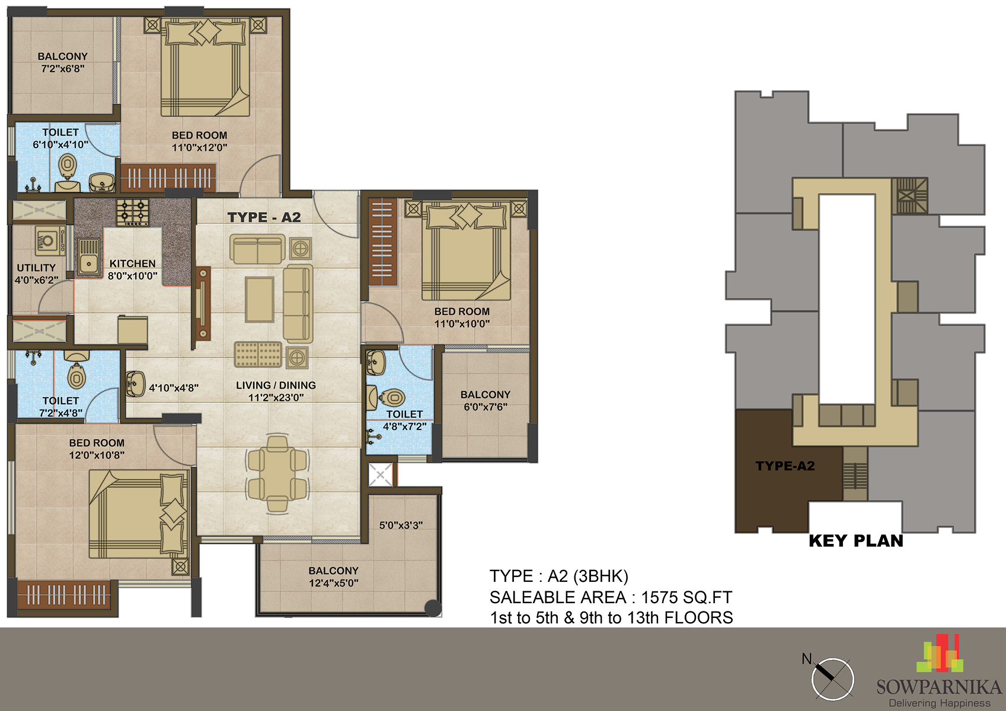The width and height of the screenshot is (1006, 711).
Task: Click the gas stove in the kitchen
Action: click(133, 212)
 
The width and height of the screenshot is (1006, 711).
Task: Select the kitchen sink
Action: click(89, 257)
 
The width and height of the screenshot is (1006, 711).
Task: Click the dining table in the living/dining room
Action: click(277, 473)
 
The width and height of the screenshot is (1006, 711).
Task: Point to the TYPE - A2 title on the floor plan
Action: click(264, 217)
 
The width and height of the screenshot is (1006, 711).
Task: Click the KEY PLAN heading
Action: click(856, 541)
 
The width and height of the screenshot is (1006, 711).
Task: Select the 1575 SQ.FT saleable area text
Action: click(686, 597)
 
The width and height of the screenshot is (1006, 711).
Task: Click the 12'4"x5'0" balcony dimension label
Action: click(334, 583)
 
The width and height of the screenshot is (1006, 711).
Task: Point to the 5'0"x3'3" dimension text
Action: click(401, 525)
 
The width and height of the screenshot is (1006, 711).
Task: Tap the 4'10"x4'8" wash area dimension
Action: click(174, 388)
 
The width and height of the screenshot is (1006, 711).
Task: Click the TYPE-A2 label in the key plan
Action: click(785, 466)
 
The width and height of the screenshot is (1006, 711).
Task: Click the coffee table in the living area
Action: click(260, 299)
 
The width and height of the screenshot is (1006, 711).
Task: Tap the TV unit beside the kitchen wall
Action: click(203, 303)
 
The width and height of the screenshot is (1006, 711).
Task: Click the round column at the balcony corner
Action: click(433, 608)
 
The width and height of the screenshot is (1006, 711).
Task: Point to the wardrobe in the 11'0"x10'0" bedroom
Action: click(382, 242)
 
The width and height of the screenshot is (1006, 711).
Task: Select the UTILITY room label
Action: click(36, 268)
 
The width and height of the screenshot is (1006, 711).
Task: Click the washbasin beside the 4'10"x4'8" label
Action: click(135, 384)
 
